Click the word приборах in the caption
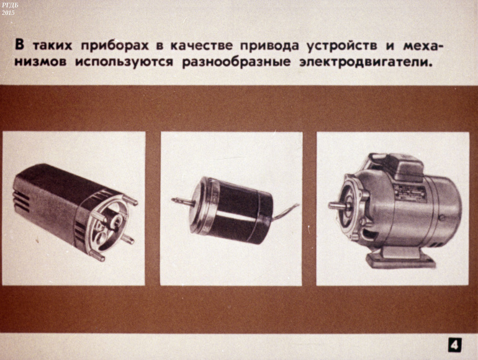pos(115,47)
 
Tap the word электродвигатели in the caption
pos(366,62)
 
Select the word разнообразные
pos(237,63)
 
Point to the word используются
pos(124,63)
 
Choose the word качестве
pos(201,46)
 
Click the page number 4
pos(454,345)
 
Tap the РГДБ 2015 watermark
pos(8,9)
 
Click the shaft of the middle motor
pos(182,202)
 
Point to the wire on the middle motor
pos(285,212)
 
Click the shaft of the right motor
pos(337,205)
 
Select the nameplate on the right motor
pos(408,192)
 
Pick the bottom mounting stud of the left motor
pos(97,256)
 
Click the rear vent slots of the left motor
pos(21,200)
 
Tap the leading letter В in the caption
pos(19,46)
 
